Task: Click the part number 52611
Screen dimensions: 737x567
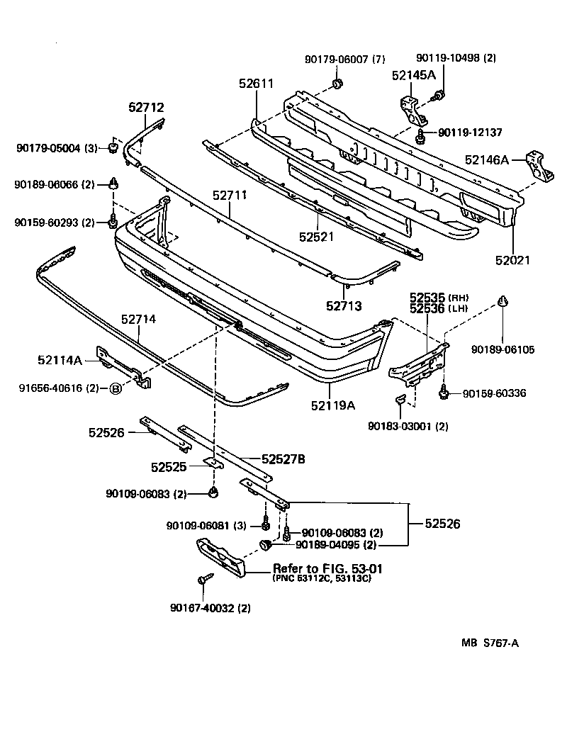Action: click(256, 83)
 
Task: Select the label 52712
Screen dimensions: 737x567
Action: click(146, 108)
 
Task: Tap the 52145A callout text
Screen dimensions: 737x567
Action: click(414, 74)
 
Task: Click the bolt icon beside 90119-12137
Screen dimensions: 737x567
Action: click(421, 134)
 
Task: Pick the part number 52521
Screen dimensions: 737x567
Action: click(315, 237)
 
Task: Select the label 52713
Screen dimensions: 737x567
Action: click(344, 306)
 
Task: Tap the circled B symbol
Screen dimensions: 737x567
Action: click(115, 388)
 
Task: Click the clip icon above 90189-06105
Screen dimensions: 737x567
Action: click(503, 303)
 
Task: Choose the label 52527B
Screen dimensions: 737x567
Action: click(283, 459)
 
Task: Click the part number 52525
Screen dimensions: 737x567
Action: click(168, 467)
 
